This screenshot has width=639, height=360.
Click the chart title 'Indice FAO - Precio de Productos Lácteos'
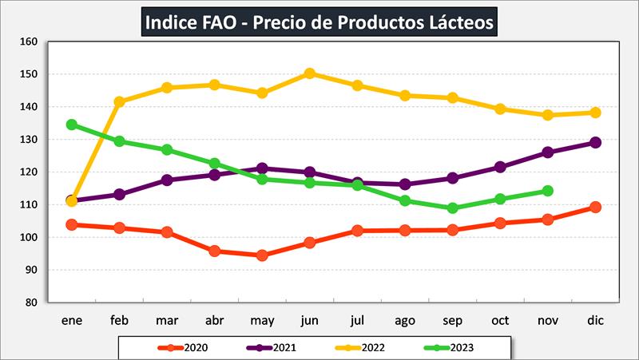[x=319, y=21]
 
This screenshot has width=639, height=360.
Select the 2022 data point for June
[x=310, y=73]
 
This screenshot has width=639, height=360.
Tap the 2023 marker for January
[x=71, y=125]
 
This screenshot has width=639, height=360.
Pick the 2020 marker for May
[x=262, y=255]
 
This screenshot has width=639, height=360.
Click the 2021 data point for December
[x=594, y=143]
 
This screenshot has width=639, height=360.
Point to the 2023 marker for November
[x=547, y=191]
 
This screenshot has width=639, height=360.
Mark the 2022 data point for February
[x=120, y=101]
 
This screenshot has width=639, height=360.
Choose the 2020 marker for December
[x=594, y=207]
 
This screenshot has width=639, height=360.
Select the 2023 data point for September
[x=452, y=208]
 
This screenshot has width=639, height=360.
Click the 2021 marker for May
[x=262, y=168]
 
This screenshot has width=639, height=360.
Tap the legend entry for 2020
[x=184, y=347]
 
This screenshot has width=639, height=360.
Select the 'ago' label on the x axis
[x=405, y=319]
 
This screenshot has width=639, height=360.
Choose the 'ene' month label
[x=72, y=319]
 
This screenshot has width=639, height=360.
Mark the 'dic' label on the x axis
[x=594, y=319]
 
